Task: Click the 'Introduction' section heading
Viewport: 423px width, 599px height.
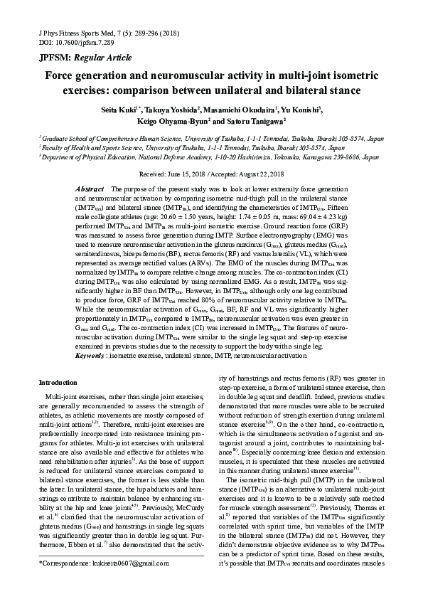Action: tap(58, 382)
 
